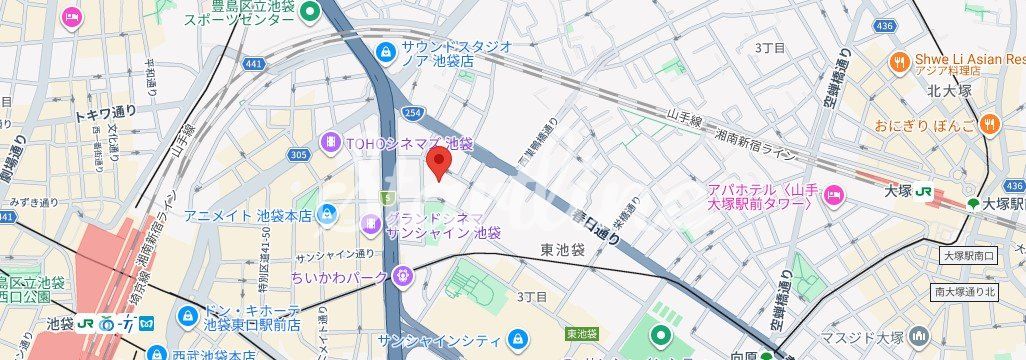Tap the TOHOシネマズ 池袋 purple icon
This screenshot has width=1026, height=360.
[329, 143]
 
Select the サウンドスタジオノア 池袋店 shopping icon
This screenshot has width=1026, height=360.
[385, 52]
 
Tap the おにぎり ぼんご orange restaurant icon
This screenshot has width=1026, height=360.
[990, 126]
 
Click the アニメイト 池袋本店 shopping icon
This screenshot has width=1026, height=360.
[327, 215]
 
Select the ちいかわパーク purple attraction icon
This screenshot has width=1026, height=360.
[402, 272]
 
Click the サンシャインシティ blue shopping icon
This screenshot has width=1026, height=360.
[517, 338]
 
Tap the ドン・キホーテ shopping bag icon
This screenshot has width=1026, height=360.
[186, 317]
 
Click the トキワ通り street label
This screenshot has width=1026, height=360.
[105, 115]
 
